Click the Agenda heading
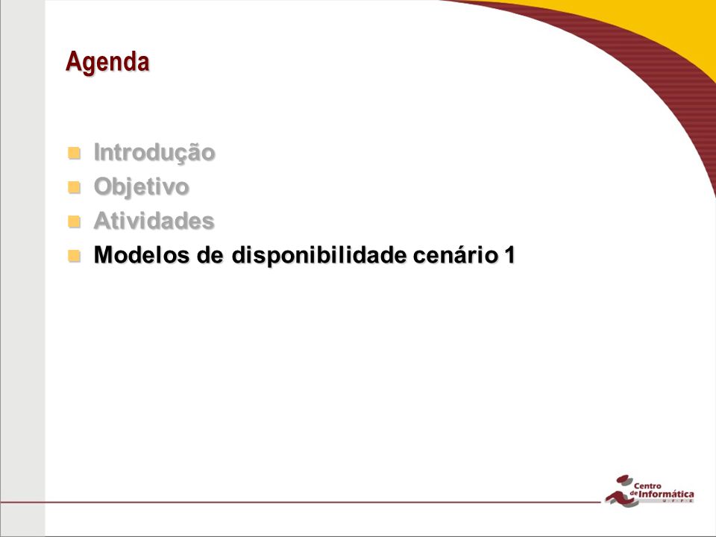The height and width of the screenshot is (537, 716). (107, 63)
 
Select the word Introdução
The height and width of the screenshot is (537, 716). (154, 152)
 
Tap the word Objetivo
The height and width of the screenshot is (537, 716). (141, 187)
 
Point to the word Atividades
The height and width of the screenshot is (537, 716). (154, 221)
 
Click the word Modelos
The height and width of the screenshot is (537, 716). (142, 255)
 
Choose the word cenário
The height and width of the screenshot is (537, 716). (455, 255)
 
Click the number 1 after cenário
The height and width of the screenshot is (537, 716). (509, 255)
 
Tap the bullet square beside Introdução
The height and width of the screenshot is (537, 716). (74, 153)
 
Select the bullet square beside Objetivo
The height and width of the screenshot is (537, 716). (74, 187)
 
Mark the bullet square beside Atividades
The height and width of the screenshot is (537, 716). (74, 222)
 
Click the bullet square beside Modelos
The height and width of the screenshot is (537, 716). (74, 256)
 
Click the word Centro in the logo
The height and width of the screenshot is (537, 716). (647, 486)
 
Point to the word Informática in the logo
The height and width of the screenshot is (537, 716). (666, 494)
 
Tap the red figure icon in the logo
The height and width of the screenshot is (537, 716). (622, 491)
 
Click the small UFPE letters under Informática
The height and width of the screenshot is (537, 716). (678, 501)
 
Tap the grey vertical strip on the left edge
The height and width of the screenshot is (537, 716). (22, 268)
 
